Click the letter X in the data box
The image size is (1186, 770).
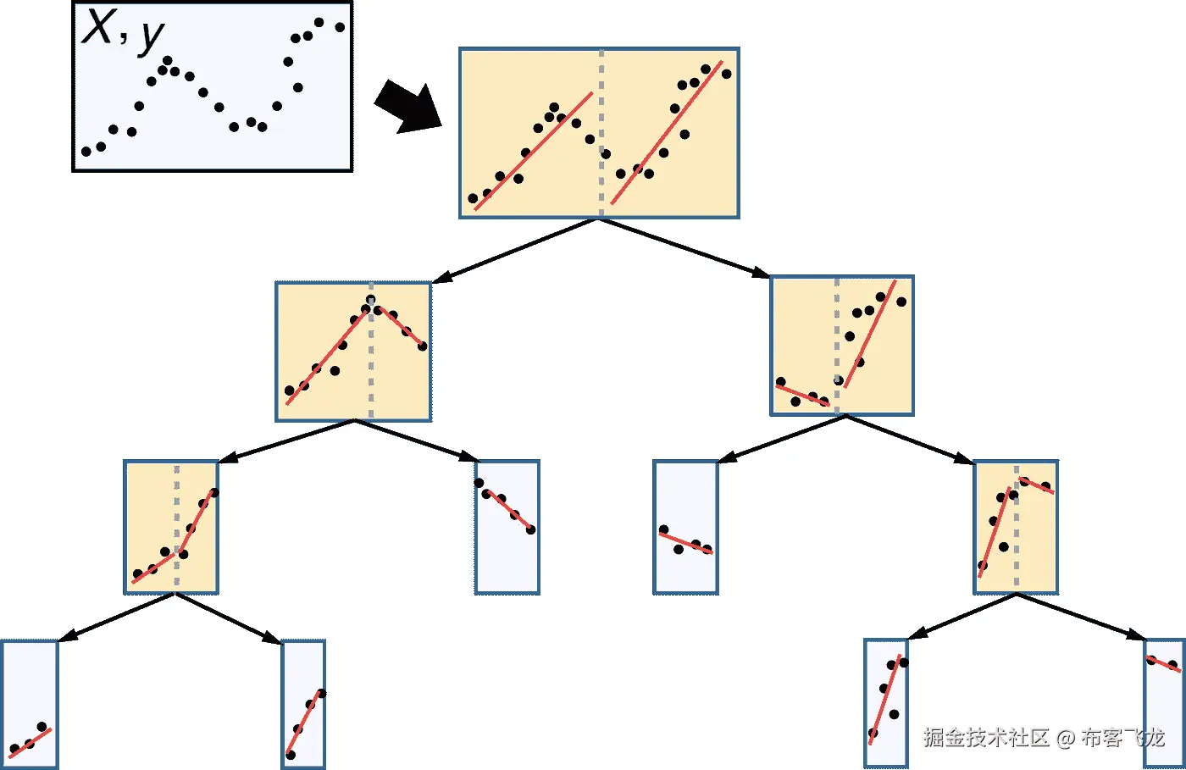click(x=98, y=26)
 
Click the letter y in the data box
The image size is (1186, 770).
click(x=151, y=36)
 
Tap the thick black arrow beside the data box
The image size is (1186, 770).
click(x=409, y=107)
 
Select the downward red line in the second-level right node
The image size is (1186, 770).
click(x=802, y=395)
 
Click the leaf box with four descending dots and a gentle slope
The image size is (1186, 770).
click(x=685, y=527)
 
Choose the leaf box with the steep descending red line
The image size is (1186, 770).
click(x=507, y=527)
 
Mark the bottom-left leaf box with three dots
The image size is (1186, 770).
click(x=30, y=705)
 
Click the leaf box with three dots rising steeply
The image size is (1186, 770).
click(x=303, y=705)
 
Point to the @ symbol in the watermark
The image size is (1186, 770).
click(x=1066, y=739)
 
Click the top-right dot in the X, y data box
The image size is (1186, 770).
click(x=340, y=27)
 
